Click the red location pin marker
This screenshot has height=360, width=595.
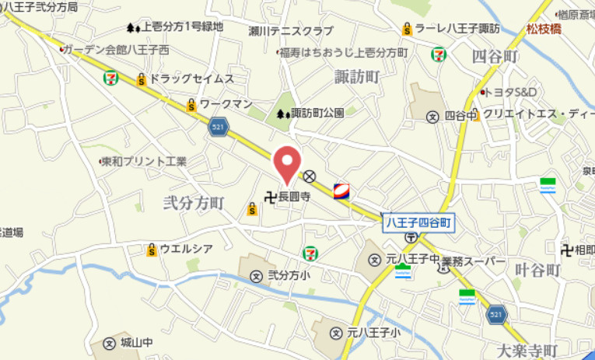[289, 163]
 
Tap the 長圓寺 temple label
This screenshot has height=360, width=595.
[294, 197]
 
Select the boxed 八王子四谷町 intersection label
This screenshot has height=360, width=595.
[419, 222]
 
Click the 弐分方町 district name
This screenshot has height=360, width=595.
[193, 203]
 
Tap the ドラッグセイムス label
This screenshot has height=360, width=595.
[191, 79]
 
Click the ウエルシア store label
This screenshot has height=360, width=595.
[185, 250]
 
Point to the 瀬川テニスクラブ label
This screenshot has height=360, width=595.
[291, 31]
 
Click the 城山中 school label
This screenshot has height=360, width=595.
[138, 342]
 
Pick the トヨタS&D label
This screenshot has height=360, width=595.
[513, 92]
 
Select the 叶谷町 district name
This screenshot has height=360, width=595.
[537, 270]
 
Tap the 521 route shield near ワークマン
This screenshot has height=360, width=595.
[219, 127]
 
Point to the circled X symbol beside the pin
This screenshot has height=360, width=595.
[310, 176]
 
